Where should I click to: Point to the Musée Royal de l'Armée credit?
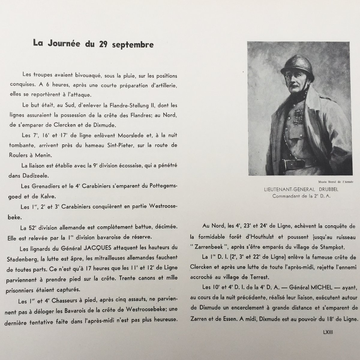click(334, 181)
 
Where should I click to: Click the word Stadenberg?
click(31, 257)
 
